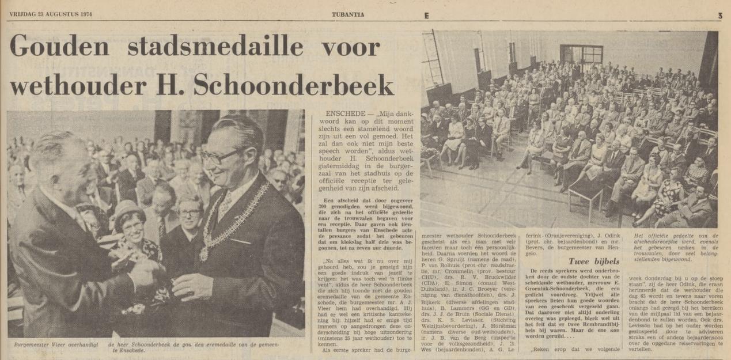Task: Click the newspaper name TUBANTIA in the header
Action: click(x=348, y=16)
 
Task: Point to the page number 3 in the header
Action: click(x=719, y=16)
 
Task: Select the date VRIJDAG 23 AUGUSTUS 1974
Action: click(x=51, y=15)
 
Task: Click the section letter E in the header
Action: click(x=426, y=16)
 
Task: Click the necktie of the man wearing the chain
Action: click(x=225, y=204)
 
